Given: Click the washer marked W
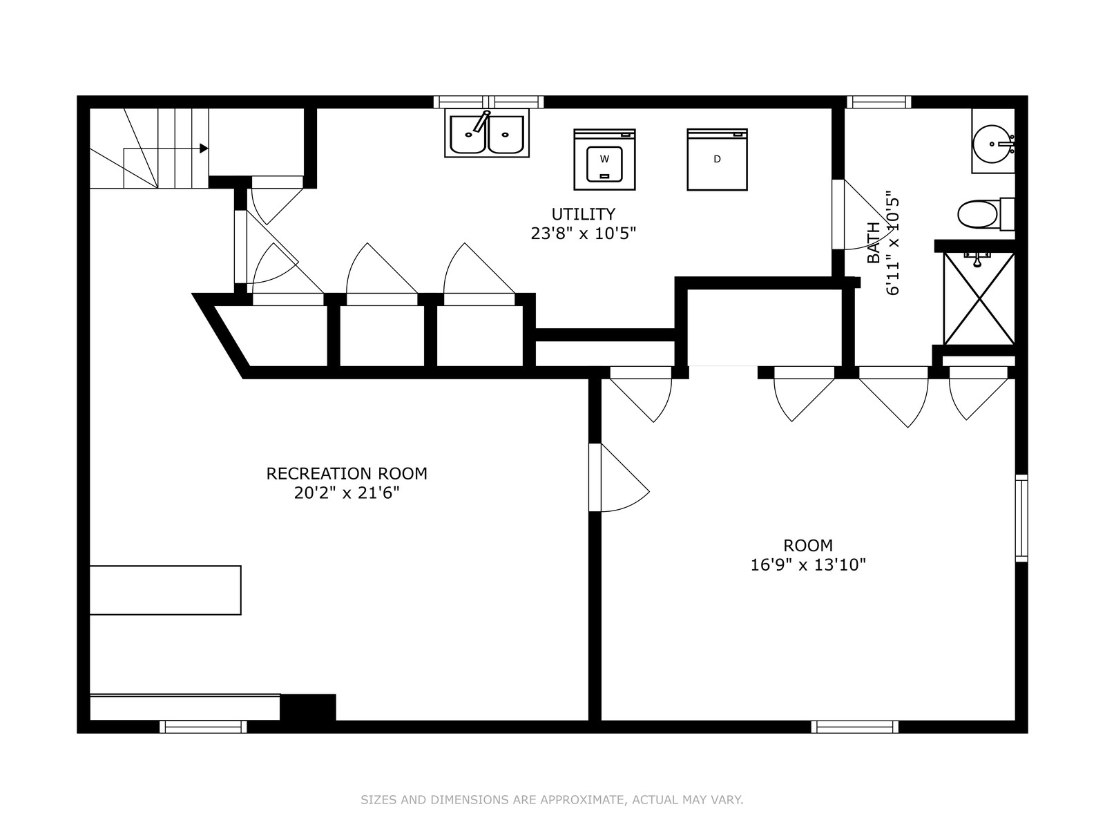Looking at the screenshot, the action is (x=604, y=159).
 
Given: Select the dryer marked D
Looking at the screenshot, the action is (x=717, y=159).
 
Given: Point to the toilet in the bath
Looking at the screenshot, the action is (x=986, y=214).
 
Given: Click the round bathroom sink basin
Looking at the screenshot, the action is (x=992, y=144).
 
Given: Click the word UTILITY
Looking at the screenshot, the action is (x=583, y=214).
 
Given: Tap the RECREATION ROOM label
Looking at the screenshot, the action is (x=347, y=474).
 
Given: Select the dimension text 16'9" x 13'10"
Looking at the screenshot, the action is (x=808, y=565).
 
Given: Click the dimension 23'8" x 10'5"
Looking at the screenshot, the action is (x=583, y=234).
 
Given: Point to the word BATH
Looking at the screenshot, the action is (x=874, y=242).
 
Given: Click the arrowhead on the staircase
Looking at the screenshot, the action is (x=204, y=149).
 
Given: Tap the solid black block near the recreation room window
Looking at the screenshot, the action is (x=307, y=707).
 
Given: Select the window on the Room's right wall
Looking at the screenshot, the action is (x=1021, y=518).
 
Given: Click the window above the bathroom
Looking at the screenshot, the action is (x=878, y=102).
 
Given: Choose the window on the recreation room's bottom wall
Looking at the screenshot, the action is (x=203, y=726).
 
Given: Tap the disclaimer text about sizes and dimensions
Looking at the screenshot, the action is (x=552, y=800).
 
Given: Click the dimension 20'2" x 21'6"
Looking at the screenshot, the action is (x=347, y=493).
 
